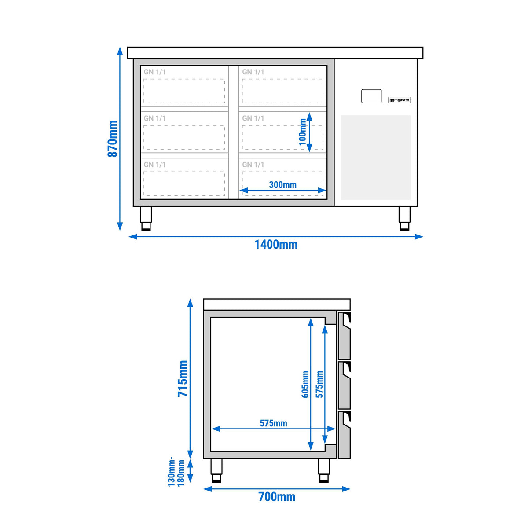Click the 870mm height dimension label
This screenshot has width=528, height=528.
click(x=112, y=139)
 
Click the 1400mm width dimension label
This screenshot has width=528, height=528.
click(x=276, y=244)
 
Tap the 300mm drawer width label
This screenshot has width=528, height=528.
click(x=283, y=185)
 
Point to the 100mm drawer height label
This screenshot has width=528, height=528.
click(x=302, y=132)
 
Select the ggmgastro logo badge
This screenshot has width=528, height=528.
click(x=399, y=100)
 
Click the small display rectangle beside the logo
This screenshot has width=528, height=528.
click(x=371, y=96)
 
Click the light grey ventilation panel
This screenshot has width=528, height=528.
click(x=375, y=158)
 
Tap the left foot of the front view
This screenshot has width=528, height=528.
click(x=146, y=219)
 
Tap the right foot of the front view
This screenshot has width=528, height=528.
click(x=404, y=219)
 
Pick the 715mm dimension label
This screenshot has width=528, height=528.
click(x=183, y=378)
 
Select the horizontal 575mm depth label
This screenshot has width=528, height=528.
click(x=273, y=423)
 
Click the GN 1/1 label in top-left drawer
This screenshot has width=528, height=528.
click(x=155, y=72)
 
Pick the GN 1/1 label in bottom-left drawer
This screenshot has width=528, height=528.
click(x=155, y=165)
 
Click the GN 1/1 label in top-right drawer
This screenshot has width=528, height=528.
click(x=253, y=72)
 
